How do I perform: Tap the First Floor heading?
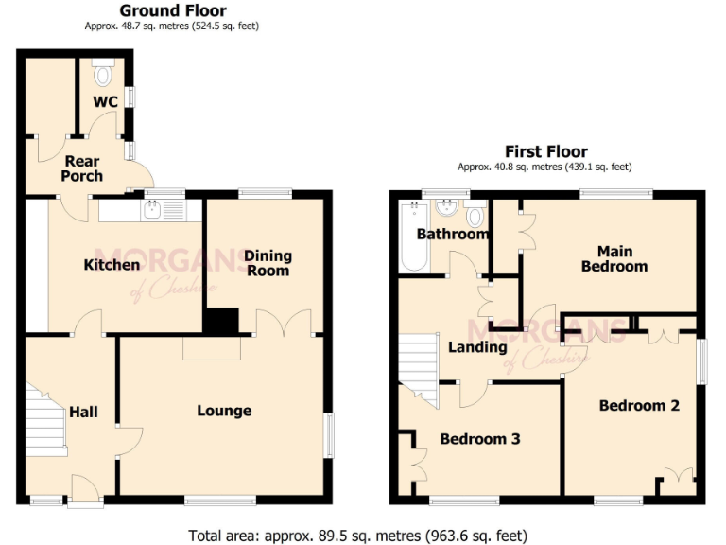pyautogui.click(x=545, y=151)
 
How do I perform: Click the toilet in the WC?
pyautogui.click(x=104, y=73)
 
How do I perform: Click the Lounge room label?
pyautogui.click(x=224, y=411)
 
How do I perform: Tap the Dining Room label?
pyautogui.click(x=268, y=263)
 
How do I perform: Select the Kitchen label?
pyautogui.click(x=112, y=265)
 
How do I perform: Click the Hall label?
pyautogui.click(x=83, y=412)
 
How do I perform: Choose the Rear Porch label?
pyautogui.click(x=81, y=168)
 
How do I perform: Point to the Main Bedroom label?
pyautogui.click(x=614, y=258)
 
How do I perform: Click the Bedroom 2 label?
pyautogui.click(x=639, y=405)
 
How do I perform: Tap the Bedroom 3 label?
pyautogui.click(x=480, y=439)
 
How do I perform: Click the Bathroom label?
pyautogui.click(x=453, y=234)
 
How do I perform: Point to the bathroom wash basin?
pyautogui.click(x=447, y=210)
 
